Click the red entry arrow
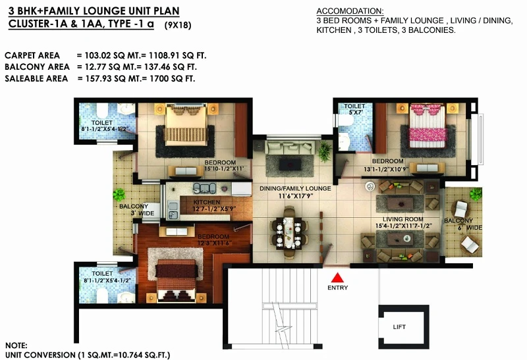pyautogui.click(x=337, y=278)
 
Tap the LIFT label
pyautogui.click(x=399, y=326)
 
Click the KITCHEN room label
pyautogui.click(x=207, y=202)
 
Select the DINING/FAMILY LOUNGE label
pyautogui.click(x=295, y=188)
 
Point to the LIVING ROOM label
pyautogui.click(x=402, y=219)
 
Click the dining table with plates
pyautogui.click(x=289, y=232)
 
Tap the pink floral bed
pyautogui.click(x=428, y=126)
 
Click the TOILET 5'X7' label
pyautogui.click(x=354, y=109)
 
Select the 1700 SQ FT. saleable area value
pyautogui.click(x=172, y=78)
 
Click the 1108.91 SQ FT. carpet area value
pyautogui.click(x=177, y=55)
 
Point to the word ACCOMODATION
pyautogui.click(x=350, y=11)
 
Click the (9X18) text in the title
pyautogui.click(x=178, y=25)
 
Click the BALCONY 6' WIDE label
pyautogui.click(x=463, y=224)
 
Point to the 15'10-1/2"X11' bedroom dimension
pyautogui.click(x=224, y=168)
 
